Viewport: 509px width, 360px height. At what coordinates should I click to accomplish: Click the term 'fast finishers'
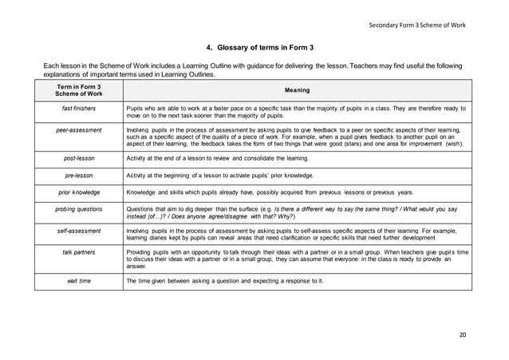coord(78,107)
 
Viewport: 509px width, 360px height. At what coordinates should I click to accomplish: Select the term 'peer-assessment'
coord(78,127)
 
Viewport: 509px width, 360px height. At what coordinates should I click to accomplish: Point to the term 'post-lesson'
coord(78,159)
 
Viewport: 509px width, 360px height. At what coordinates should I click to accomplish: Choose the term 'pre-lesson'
coord(78,175)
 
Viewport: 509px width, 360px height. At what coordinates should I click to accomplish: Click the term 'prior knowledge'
coord(78,192)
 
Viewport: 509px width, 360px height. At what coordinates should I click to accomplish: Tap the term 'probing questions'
coord(78,208)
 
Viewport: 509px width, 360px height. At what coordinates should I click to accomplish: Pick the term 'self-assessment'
coord(78,230)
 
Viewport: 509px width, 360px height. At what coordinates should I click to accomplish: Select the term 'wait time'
coord(78,280)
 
